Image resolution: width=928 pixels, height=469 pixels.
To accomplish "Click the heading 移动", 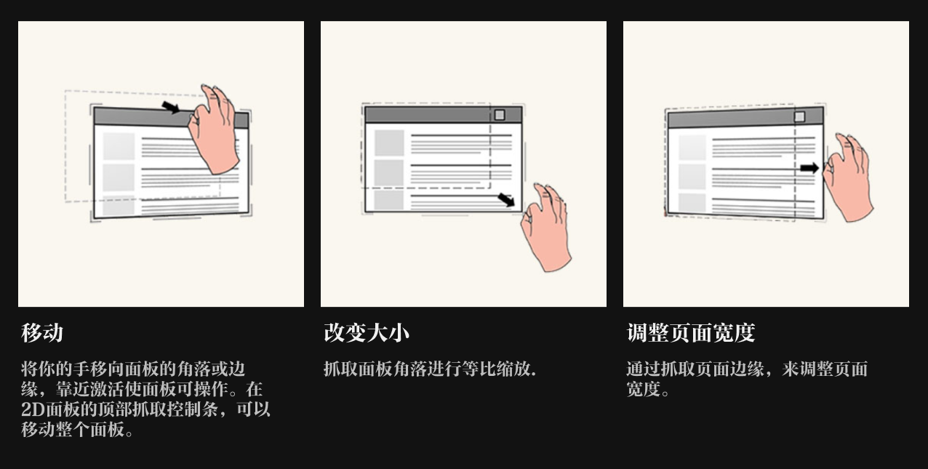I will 42,333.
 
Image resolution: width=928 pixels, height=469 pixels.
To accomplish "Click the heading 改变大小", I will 367,333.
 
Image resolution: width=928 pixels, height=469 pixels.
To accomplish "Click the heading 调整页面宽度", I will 690,333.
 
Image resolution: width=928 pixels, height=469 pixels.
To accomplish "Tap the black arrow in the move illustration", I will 170,108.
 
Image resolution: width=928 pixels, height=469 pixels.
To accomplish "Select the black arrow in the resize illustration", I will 507,199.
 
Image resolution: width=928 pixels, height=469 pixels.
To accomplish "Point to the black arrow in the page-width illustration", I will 809,168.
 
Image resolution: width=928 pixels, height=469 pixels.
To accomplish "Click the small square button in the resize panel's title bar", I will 500,115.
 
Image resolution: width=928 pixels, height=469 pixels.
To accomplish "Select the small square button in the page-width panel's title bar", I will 799,116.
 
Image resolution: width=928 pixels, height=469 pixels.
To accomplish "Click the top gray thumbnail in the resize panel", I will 389,143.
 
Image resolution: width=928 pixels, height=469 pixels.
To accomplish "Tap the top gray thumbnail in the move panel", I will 119,146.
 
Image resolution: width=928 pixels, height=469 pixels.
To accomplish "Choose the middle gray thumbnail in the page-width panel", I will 692,177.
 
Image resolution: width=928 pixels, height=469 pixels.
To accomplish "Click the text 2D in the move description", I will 33,409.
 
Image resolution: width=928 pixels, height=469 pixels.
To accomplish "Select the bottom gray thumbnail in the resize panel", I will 389,199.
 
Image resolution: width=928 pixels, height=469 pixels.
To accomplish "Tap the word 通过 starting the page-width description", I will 638,369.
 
